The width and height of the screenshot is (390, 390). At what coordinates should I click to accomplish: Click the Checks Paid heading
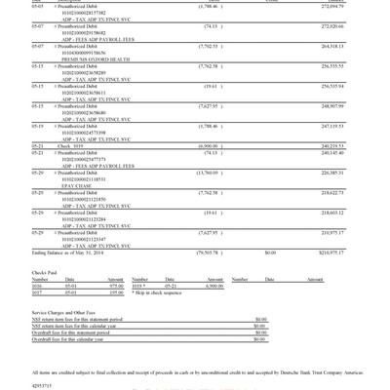(x=45, y=272)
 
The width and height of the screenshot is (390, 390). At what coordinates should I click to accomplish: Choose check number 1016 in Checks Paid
(x=37, y=286)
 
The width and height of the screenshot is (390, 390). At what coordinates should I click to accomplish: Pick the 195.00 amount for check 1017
(x=116, y=292)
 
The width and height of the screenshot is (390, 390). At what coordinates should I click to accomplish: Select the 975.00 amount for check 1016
(x=116, y=286)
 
